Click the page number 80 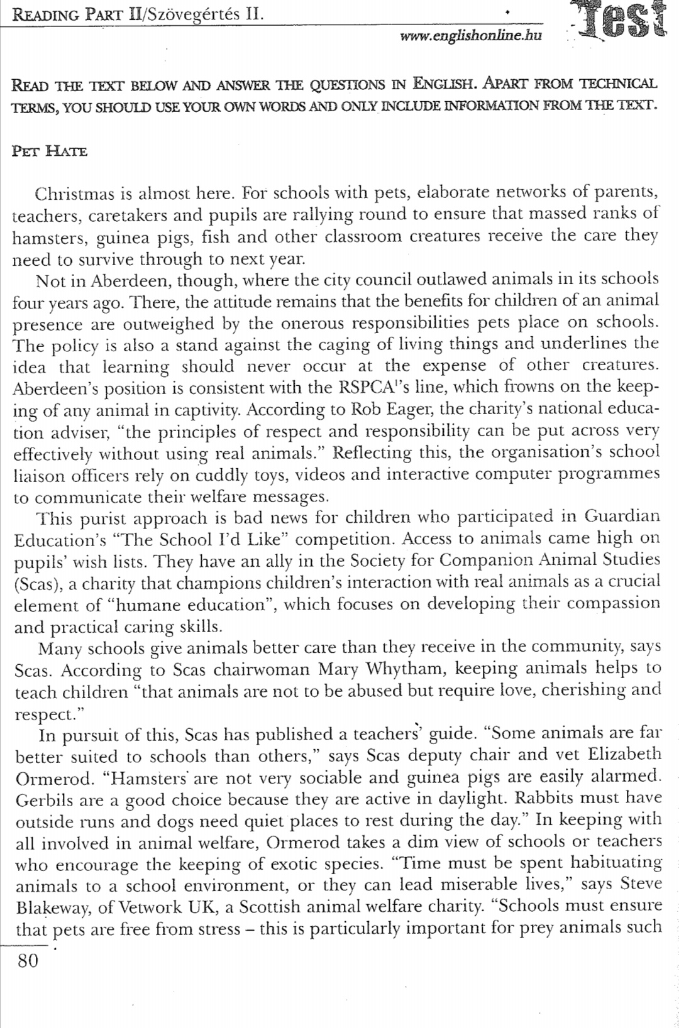tap(28, 961)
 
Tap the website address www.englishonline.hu tap(470, 36)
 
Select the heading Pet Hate tap(50, 152)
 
